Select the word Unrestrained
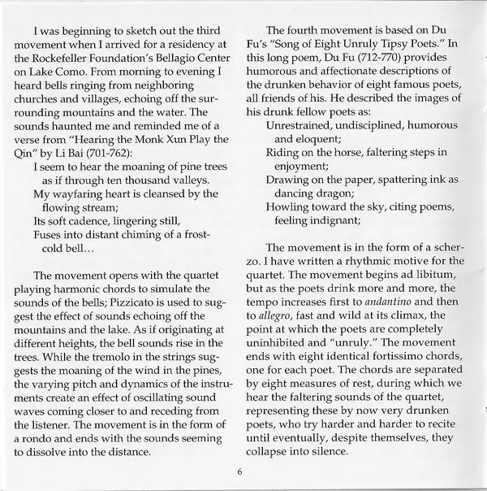(304, 124)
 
